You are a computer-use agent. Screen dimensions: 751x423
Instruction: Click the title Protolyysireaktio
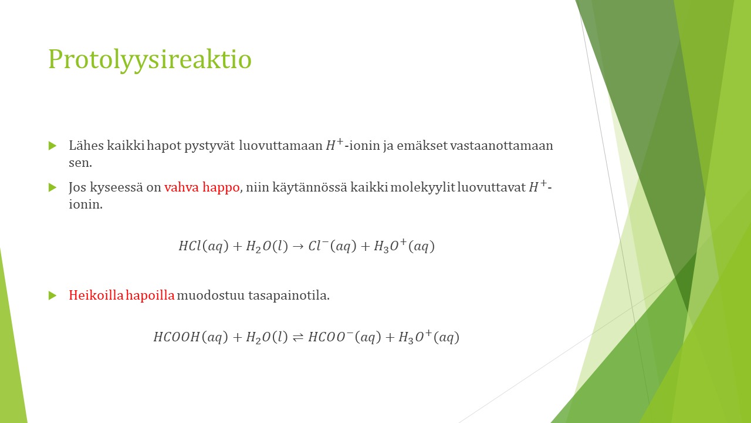click(x=150, y=59)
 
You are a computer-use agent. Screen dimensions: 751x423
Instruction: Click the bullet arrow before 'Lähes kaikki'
click(x=53, y=146)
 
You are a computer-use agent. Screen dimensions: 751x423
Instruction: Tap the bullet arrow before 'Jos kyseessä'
click(x=53, y=187)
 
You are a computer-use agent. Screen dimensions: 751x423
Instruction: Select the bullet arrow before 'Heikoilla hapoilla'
click(x=53, y=296)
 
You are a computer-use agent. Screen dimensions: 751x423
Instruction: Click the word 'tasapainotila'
click(x=289, y=296)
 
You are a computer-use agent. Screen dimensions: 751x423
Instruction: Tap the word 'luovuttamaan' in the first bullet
click(x=280, y=146)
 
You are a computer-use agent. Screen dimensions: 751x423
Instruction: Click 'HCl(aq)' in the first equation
click(x=204, y=246)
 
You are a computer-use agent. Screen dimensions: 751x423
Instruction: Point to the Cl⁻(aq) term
click(x=332, y=246)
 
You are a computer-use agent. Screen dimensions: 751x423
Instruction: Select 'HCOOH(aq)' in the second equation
click(x=191, y=337)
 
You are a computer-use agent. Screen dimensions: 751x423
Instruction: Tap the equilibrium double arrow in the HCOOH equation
click(x=298, y=337)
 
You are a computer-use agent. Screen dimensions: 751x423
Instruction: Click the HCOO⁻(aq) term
click(x=344, y=336)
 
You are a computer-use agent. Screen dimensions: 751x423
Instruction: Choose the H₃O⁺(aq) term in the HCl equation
click(x=404, y=246)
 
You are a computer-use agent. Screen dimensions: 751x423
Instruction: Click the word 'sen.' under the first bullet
click(x=80, y=163)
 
